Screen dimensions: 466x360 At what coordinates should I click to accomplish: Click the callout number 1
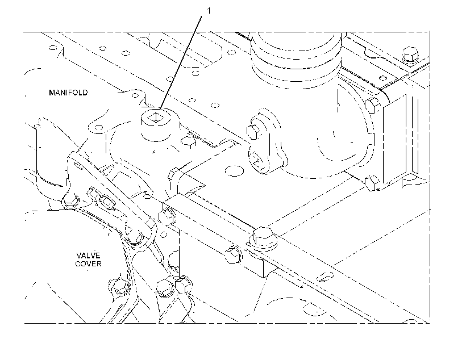click(x=209, y=11)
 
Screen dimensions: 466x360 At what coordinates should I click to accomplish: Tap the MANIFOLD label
click(x=68, y=93)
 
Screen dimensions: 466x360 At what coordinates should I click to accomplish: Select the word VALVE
click(x=88, y=256)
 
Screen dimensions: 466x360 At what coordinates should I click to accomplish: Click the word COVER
click(x=88, y=264)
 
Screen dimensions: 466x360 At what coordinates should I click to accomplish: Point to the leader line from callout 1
click(x=180, y=62)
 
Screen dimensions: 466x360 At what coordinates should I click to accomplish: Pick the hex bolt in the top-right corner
click(x=410, y=56)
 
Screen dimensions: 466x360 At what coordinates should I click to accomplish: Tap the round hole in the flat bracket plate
click(x=235, y=171)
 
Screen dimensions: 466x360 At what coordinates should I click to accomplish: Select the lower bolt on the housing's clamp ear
click(x=256, y=160)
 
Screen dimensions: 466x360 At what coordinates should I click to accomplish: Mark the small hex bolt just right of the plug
click(x=188, y=142)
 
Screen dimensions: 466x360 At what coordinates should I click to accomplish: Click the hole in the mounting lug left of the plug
click(x=98, y=128)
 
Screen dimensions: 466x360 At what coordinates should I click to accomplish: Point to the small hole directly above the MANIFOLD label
click(x=53, y=48)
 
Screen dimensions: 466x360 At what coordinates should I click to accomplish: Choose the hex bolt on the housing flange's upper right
click(x=372, y=105)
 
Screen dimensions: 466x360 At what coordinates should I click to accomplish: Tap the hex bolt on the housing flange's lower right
click(x=372, y=183)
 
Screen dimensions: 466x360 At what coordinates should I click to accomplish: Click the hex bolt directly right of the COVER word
click(x=119, y=286)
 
